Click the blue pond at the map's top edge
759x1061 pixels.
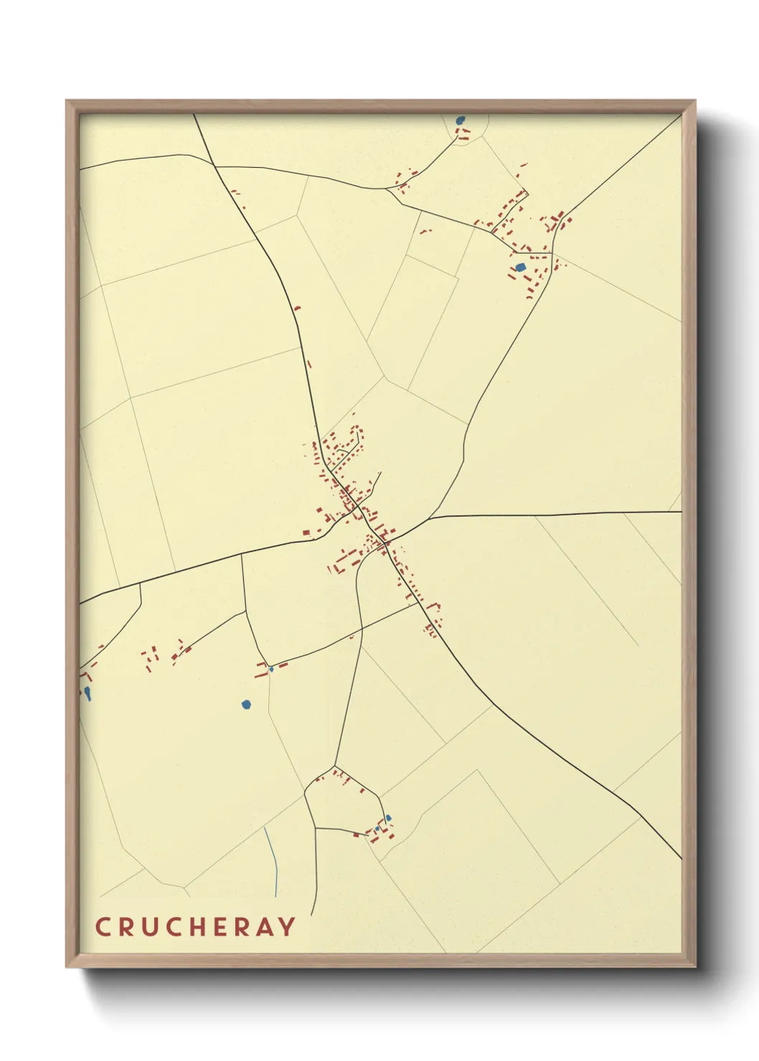click(460, 120)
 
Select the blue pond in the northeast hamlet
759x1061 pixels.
click(521, 267)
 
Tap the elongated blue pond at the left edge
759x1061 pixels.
click(88, 693)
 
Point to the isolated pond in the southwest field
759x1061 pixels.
click(246, 705)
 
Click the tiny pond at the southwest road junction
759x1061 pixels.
click(271, 670)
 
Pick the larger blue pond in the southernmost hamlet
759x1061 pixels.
click(388, 818)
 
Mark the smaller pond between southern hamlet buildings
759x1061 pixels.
click(377, 829)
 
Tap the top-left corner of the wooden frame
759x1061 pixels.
click(67, 101)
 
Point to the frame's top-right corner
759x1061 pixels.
click(694, 101)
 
